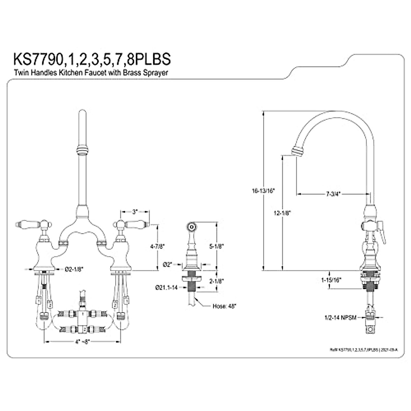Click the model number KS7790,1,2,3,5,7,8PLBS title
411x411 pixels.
click(92, 59)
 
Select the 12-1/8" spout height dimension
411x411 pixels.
click(282, 213)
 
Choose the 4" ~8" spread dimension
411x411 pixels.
click(82, 341)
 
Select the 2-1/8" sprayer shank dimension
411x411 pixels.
click(216, 281)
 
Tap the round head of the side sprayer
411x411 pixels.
click(191, 226)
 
